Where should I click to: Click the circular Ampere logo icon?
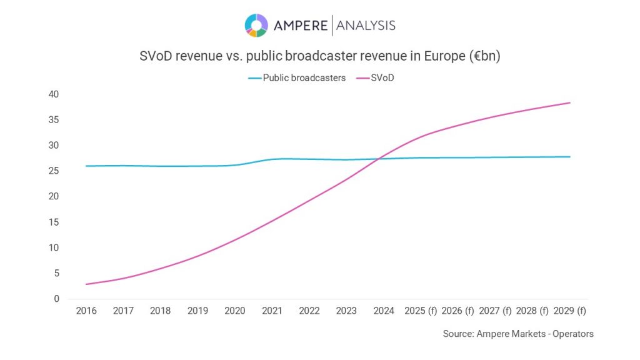point(256,26)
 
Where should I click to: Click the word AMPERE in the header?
point(301,26)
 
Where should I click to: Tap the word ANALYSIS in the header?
point(366,26)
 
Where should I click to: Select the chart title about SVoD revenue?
point(320,56)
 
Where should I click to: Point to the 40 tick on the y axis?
point(54,94)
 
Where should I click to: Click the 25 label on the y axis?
point(54,171)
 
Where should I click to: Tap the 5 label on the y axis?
point(56,273)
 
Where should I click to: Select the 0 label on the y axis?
point(56,299)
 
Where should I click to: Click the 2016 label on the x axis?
point(86,311)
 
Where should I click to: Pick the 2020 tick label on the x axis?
point(235,311)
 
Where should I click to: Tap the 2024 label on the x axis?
point(384,311)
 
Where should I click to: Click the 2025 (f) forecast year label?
point(421,311)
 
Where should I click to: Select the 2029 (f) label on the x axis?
point(569,311)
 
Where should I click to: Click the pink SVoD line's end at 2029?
point(569,102)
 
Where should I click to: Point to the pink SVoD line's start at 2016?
point(86,284)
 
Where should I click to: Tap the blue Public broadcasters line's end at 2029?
point(569,157)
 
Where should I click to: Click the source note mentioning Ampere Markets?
point(518,334)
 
